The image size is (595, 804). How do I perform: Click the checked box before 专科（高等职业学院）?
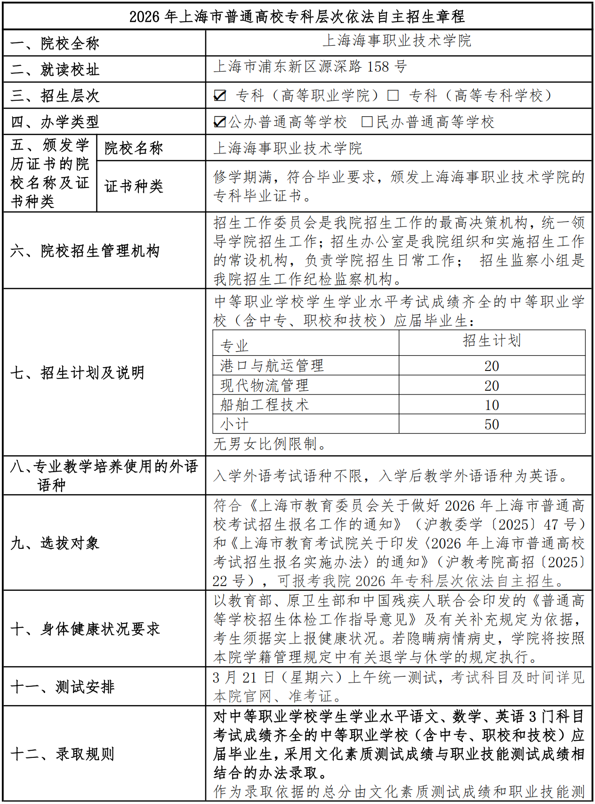(x=220, y=96)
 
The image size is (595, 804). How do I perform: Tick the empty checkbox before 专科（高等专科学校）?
(x=393, y=96)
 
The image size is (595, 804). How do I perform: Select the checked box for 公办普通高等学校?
(x=220, y=122)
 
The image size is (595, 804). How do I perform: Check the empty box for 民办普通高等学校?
(x=367, y=122)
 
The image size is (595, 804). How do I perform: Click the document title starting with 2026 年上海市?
(x=297, y=16)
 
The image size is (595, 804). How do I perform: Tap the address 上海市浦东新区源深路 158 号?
(x=310, y=67)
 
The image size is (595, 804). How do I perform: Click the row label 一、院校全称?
(x=55, y=43)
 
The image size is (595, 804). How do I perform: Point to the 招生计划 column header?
(x=492, y=341)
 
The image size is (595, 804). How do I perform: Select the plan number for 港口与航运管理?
(x=492, y=366)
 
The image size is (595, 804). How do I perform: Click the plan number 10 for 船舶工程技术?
(x=492, y=405)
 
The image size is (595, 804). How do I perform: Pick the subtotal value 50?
(x=492, y=424)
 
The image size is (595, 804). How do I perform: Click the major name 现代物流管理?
(x=265, y=386)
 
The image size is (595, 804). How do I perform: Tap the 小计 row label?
(x=234, y=424)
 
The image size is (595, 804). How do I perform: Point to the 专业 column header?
(x=234, y=346)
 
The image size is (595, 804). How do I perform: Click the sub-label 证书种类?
(x=134, y=186)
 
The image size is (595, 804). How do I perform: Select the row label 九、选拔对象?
(x=55, y=543)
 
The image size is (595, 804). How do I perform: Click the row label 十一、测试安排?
(x=63, y=687)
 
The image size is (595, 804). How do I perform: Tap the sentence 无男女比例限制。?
(x=270, y=444)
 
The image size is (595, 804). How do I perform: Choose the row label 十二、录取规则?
(x=63, y=754)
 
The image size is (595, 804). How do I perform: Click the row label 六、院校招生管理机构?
(x=85, y=250)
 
